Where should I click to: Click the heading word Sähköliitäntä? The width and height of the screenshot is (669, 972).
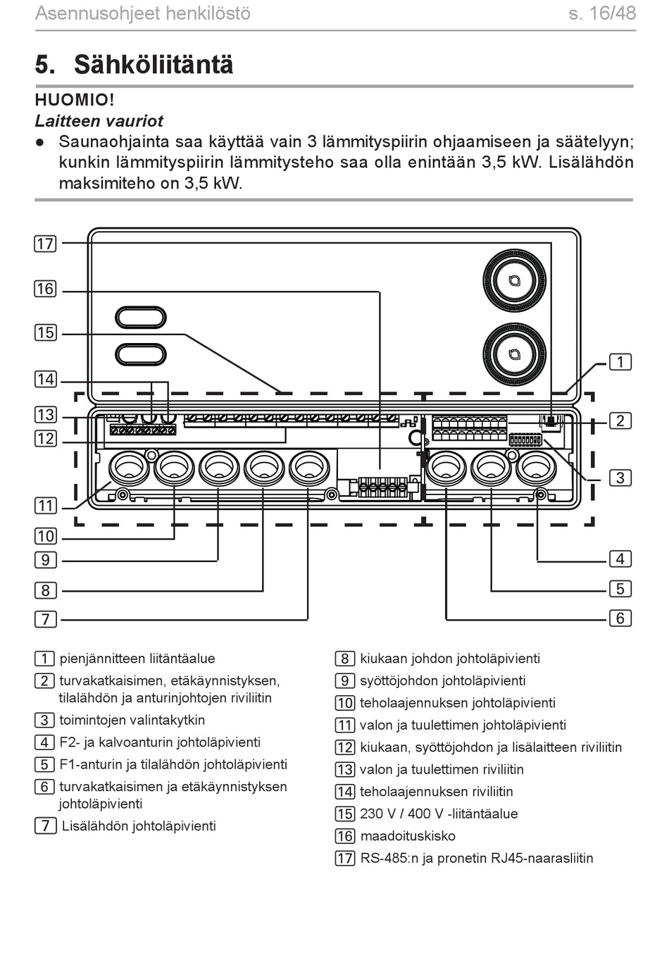pos(154,65)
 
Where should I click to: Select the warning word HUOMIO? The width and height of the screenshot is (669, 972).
pos(75,100)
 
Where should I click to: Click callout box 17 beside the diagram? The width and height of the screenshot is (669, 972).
pos(45,244)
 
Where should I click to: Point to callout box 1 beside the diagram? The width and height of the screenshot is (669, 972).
pos(620,362)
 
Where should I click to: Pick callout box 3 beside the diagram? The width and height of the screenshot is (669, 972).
pos(620,478)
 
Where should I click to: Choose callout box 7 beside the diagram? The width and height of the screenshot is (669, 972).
pos(45,619)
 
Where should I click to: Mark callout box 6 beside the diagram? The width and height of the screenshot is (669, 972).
pos(620,618)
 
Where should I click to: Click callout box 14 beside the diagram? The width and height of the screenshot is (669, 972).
pos(45,379)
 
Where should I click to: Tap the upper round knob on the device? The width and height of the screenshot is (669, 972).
pos(514,280)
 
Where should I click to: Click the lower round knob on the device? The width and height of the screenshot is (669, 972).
pos(514,354)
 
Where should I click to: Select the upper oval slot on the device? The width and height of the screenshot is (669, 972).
pos(141,317)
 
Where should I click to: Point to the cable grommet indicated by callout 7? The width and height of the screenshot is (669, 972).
pos(309,469)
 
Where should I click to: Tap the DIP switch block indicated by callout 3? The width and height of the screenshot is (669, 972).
pos(525,440)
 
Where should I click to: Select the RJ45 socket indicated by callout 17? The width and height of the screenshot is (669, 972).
pos(551,421)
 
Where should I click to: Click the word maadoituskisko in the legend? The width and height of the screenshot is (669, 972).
pos(408,836)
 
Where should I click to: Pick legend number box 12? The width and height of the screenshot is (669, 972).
pos(345,747)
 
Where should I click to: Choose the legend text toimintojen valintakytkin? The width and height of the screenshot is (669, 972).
pos(132,721)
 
